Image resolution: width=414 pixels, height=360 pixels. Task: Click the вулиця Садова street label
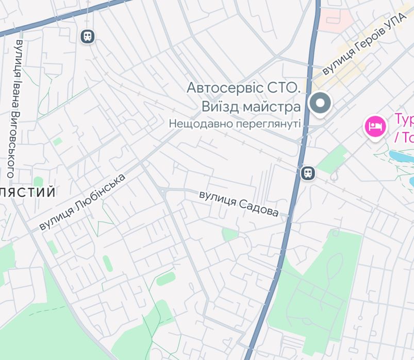click(x=239, y=204)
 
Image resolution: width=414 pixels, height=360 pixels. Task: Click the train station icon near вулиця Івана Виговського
click(x=88, y=36)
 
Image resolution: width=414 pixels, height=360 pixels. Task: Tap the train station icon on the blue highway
click(x=308, y=173)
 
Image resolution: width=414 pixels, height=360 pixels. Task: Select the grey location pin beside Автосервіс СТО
click(x=320, y=104)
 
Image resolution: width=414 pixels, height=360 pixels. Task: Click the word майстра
click(x=273, y=107)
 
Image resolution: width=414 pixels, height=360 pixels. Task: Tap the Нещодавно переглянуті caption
click(x=235, y=124)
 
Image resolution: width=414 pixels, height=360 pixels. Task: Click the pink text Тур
click(x=405, y=119)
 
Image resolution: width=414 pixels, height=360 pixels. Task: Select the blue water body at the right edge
click(x=402, y=155)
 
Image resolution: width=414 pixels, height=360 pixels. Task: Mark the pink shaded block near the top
click(x=335, y=20)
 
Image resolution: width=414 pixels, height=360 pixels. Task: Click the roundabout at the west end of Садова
click(x=163, y=192)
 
